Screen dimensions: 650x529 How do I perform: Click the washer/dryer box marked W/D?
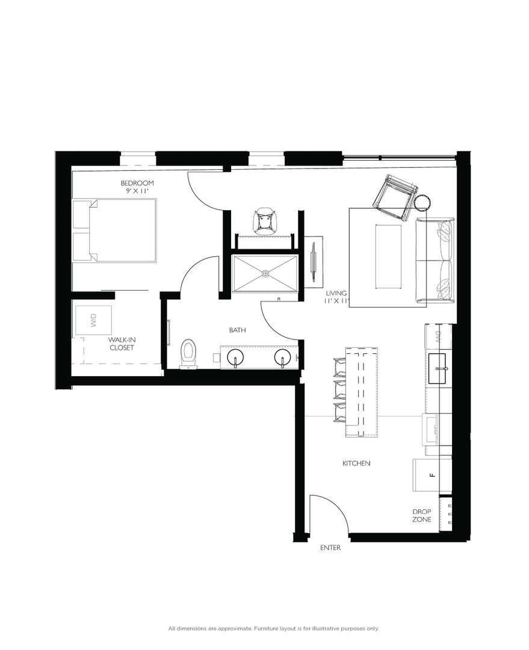(x=93, y=320)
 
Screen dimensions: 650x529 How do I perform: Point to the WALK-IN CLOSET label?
(x=121, y=344)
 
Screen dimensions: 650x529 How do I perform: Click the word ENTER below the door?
(x=331, y=548)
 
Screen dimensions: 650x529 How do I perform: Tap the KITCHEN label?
(x=356, y=463)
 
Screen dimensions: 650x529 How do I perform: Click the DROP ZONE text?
(x=421, y=515)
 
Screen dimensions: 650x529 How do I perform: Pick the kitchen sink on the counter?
(x=438, y=361)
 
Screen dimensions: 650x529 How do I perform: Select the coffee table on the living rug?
(x=389, y=256)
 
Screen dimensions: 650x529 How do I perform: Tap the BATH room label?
(x=237, y=330)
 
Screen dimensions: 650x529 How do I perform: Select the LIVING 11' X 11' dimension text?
(x=336, y=297)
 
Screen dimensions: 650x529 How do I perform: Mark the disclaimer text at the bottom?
(x=273, y=628)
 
